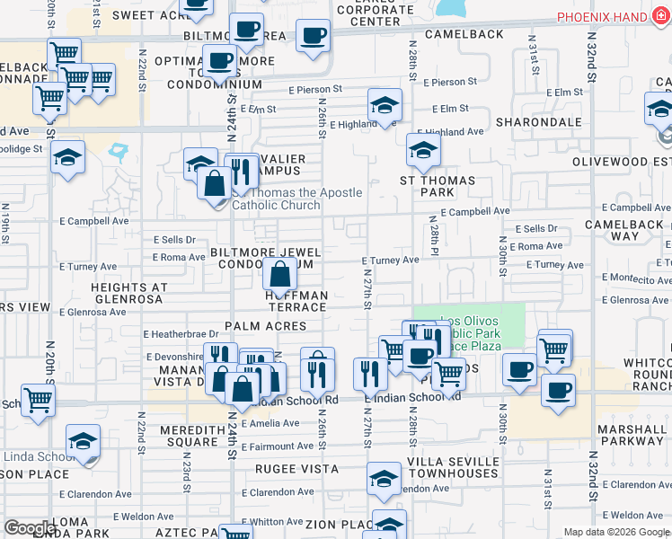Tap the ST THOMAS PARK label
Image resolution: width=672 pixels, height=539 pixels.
(438, 187)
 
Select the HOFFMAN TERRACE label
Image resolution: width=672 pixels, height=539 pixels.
(296, 301)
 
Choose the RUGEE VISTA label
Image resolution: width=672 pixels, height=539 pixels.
(296, 469)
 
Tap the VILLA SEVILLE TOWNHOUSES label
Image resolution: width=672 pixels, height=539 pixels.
(453, 468)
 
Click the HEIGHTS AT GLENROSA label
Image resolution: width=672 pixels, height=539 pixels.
(128, 294)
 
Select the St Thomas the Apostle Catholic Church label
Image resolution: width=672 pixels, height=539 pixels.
(284, 199)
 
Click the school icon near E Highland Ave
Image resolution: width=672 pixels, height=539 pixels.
(385, 105)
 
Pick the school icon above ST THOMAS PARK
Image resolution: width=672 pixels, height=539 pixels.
(423, 150)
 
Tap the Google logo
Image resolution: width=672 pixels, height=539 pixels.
(30, 528)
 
